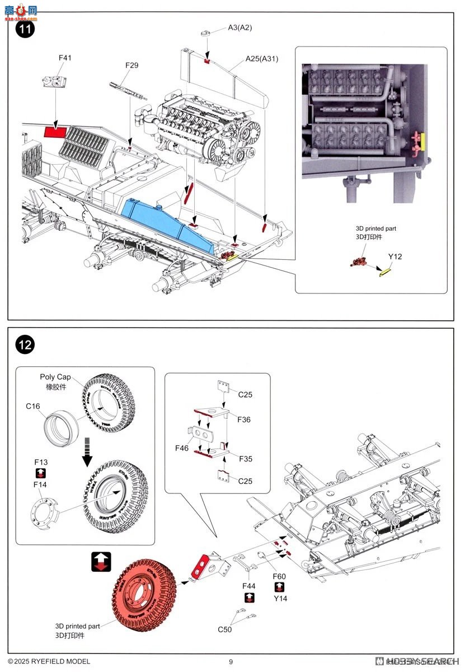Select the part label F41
65,58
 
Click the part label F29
131,66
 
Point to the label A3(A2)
240,27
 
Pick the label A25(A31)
262,58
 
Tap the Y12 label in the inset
396,257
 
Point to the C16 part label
32,406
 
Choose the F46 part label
182,449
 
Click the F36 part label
244,419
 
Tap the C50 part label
225,629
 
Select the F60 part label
279,576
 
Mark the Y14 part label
280,598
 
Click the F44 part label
249,585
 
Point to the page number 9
231,661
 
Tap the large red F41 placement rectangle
55,132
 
